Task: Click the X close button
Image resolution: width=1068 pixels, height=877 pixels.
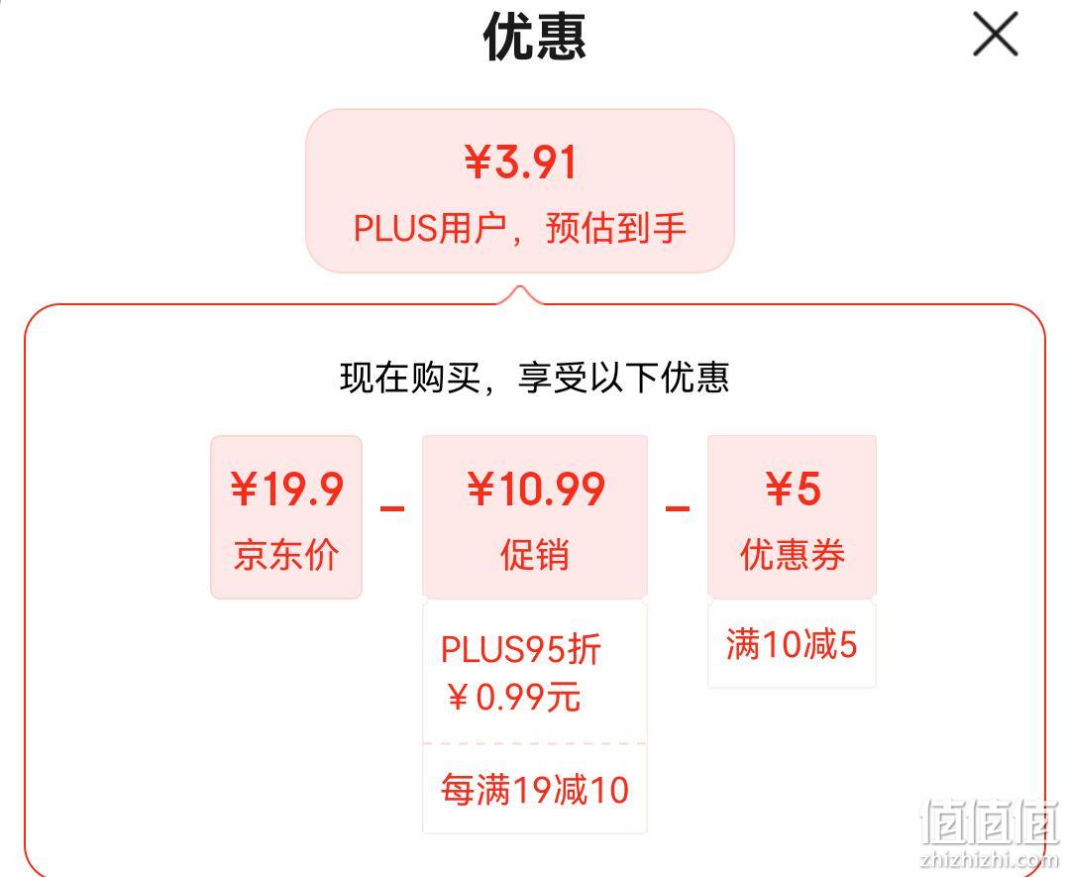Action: click(x=995, y=34)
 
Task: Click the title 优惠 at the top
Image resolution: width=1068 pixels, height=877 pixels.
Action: click(x=535, y=37)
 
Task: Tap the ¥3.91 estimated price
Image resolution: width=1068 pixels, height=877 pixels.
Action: click(x=521, y=163)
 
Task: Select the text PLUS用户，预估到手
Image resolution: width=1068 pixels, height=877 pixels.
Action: click(x=520, y=228)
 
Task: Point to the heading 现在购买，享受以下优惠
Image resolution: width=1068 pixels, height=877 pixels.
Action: click(x=534, y=378)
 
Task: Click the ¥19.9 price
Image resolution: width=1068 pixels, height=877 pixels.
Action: click(x=286, y=490)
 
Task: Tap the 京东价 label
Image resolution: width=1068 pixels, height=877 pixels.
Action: click(x=286, y=555)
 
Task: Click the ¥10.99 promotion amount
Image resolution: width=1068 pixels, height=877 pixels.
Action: click(x=535, y=490)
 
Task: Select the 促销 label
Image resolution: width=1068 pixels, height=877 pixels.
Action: click(x=535, y=555)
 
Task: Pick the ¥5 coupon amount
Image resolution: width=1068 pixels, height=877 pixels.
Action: click(x=793, y=490)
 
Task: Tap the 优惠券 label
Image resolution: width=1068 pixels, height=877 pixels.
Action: click(x=793, y=555)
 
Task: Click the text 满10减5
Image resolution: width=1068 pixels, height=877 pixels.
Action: click(x=792, y=644)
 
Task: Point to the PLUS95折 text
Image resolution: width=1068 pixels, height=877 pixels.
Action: click(x=521, y=649)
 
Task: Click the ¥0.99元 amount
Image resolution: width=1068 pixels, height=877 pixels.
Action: click(x=514, y=697)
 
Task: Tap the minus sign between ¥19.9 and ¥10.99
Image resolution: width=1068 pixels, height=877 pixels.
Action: click(x=392, y=508)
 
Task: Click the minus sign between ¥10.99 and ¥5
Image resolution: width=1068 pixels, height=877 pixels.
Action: click(x=678, y=508)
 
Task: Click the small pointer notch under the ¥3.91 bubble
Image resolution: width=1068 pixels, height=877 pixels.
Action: click(x=520, y=295)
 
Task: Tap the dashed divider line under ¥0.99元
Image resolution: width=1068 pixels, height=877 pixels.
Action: click(x=535, y=743)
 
